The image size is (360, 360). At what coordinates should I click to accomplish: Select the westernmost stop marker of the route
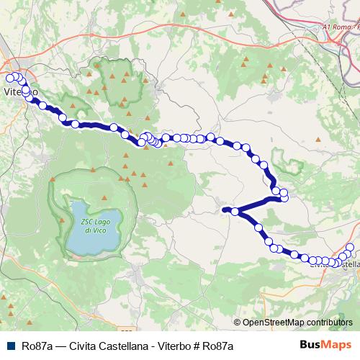point(9,78)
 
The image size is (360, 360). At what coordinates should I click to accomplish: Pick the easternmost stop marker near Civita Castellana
point(351,248)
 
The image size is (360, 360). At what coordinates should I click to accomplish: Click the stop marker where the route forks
point(235,211)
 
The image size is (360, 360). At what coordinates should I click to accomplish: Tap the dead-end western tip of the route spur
point(225,210)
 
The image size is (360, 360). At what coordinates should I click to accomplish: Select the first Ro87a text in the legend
point(35,345)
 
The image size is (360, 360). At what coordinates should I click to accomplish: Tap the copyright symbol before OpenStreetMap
point(238,323)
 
